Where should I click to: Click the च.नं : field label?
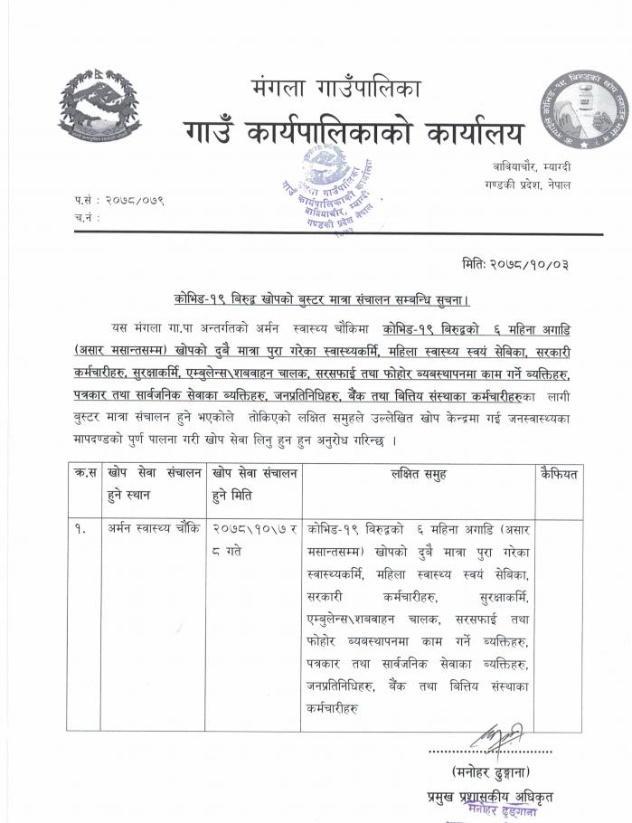pos(87,217)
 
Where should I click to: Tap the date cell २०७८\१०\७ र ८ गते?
pos(254,537)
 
